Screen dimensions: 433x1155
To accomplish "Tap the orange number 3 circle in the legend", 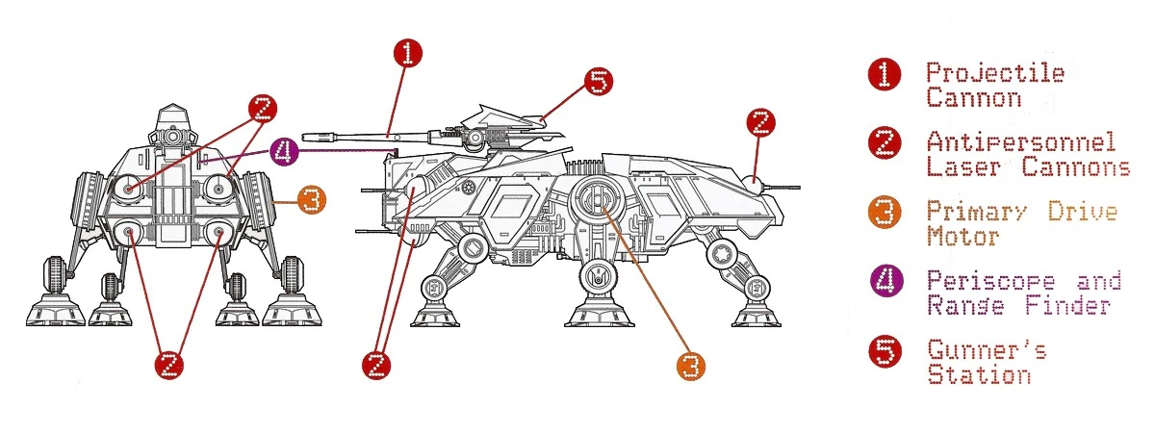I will pos(885,213).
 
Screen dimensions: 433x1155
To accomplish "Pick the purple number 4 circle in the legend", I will pos(885,282).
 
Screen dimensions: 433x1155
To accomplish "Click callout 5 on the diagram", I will pos(597,83).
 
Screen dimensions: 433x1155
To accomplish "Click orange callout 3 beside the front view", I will pos(309,201).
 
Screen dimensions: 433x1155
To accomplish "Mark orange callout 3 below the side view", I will pos(689,365).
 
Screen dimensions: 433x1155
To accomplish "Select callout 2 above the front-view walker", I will pos(261,110).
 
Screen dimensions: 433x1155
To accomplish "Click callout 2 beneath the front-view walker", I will pos(168,365).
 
